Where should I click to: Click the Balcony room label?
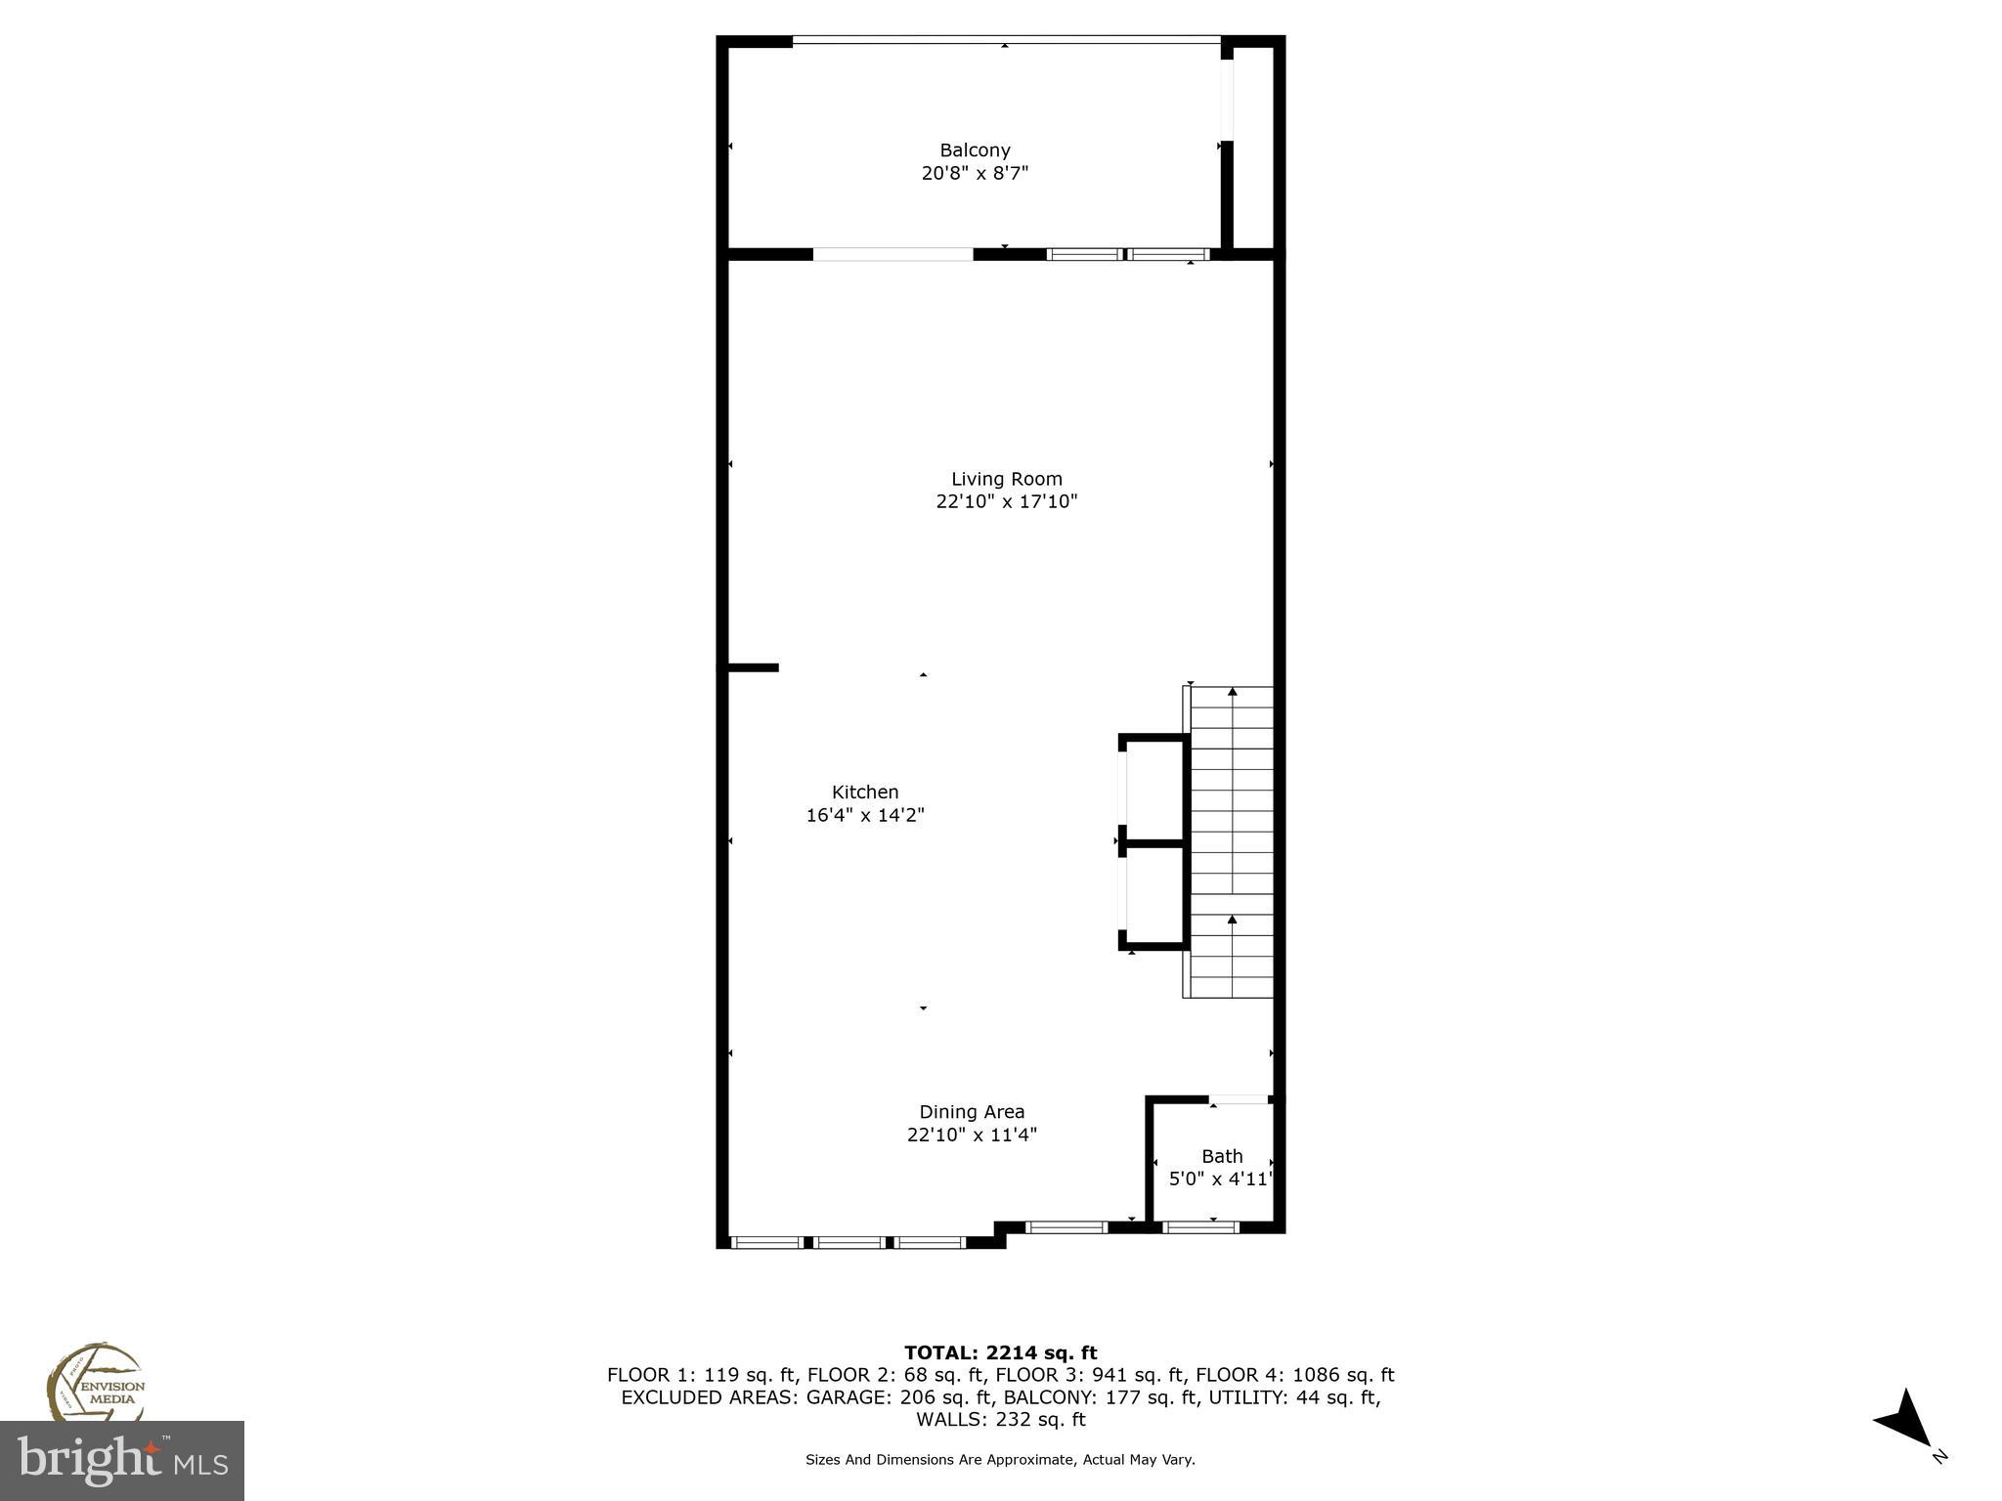(x=975, y=150)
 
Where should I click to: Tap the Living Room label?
(x=1006, y=479)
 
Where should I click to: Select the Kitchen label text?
(x=865, y=793)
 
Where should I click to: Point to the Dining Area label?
(x=972, y=1112)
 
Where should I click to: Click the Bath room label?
(x=1222, y=1157)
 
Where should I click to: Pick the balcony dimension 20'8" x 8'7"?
(x=975, y=174)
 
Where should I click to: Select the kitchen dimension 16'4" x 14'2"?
(x=865, y=815)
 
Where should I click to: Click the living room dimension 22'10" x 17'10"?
(x=1006, y=502)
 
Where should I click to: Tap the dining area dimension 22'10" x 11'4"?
(x=972, y=1135)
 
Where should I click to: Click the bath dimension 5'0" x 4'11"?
(x=1221, y=1179)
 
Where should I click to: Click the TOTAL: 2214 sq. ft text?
(x=1000, y=1352)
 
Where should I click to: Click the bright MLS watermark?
(x=121, y=1461)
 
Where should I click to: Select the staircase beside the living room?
(x=1231, y=841)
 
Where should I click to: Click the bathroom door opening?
(x=1240, y=1099)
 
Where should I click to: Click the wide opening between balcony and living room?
(x=892, y=255)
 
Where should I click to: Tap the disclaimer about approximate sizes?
(x=1000, y=1460)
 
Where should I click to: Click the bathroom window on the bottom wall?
(x=1200, y=1227)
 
